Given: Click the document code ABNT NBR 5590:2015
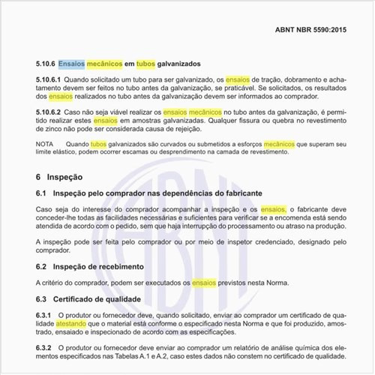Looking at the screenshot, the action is (x=312, y=34).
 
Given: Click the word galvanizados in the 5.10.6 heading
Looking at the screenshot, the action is (x=178, y=64).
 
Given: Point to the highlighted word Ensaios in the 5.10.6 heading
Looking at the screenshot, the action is (x=71, y=64).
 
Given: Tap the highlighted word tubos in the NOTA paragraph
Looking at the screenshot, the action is (x=99, y=142).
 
